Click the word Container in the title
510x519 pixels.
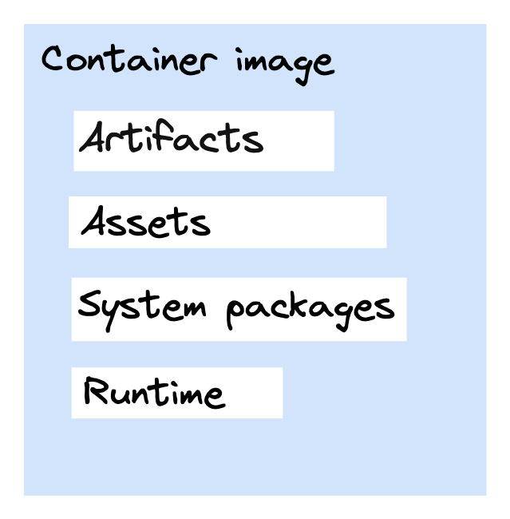[x=129, y=59]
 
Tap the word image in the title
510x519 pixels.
[x=285, y=66]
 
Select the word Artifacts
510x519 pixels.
[x=172, y=136]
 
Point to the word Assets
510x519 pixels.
[x=145, y=220]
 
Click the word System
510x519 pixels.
[x=142, y=310]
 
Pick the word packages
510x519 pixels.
[x=310, y=311]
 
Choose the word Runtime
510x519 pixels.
[x=155, y=392]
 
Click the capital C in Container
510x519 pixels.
[x=53, y=57]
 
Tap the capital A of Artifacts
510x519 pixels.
[x=91, y=137]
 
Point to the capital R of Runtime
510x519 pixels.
[x=96, y=390]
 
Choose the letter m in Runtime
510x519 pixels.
[x=188, y=396]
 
